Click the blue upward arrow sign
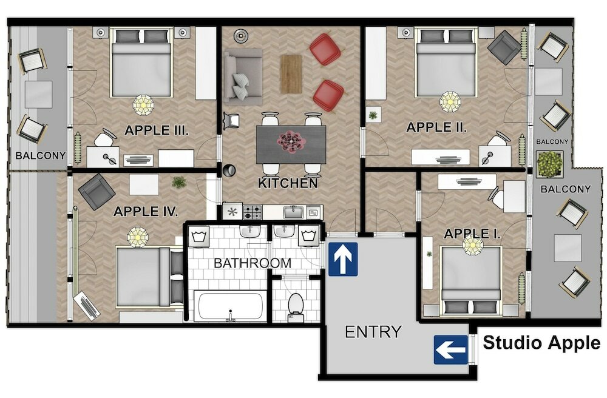(343, 259)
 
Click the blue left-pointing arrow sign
(451, 350)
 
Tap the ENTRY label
(373, 332)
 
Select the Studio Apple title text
(541, 343)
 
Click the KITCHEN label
(288, 183)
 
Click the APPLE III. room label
(157, 129)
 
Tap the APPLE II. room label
(436, 127)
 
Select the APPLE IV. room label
(146, 211)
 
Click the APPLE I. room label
(472, 234)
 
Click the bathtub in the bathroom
(230, 306)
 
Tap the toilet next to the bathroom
(296, 305)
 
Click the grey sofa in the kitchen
(242, 76)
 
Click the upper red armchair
(325, 49)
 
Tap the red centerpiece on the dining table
(291, 141)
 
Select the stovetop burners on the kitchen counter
(253, 212)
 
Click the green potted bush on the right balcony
(550, 164)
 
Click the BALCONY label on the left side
(41, 155)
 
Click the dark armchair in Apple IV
(97, 191)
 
